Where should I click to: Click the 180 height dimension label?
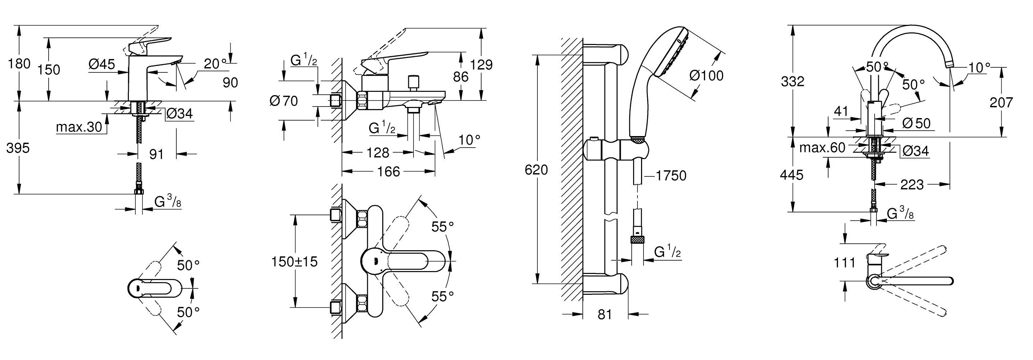coord(19,63)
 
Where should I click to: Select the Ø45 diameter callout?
coord(102,64)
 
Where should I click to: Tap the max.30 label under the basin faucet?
coord(79,127)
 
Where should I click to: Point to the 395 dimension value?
coord(18,148)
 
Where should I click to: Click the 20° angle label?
coord(215,63)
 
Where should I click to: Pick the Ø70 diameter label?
coord(284,101)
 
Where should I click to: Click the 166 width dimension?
coord(389,172)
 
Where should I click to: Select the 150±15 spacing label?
coord(294,262)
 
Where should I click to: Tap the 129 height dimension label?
coord(482,64)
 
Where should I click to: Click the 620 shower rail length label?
coord(536,170)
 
